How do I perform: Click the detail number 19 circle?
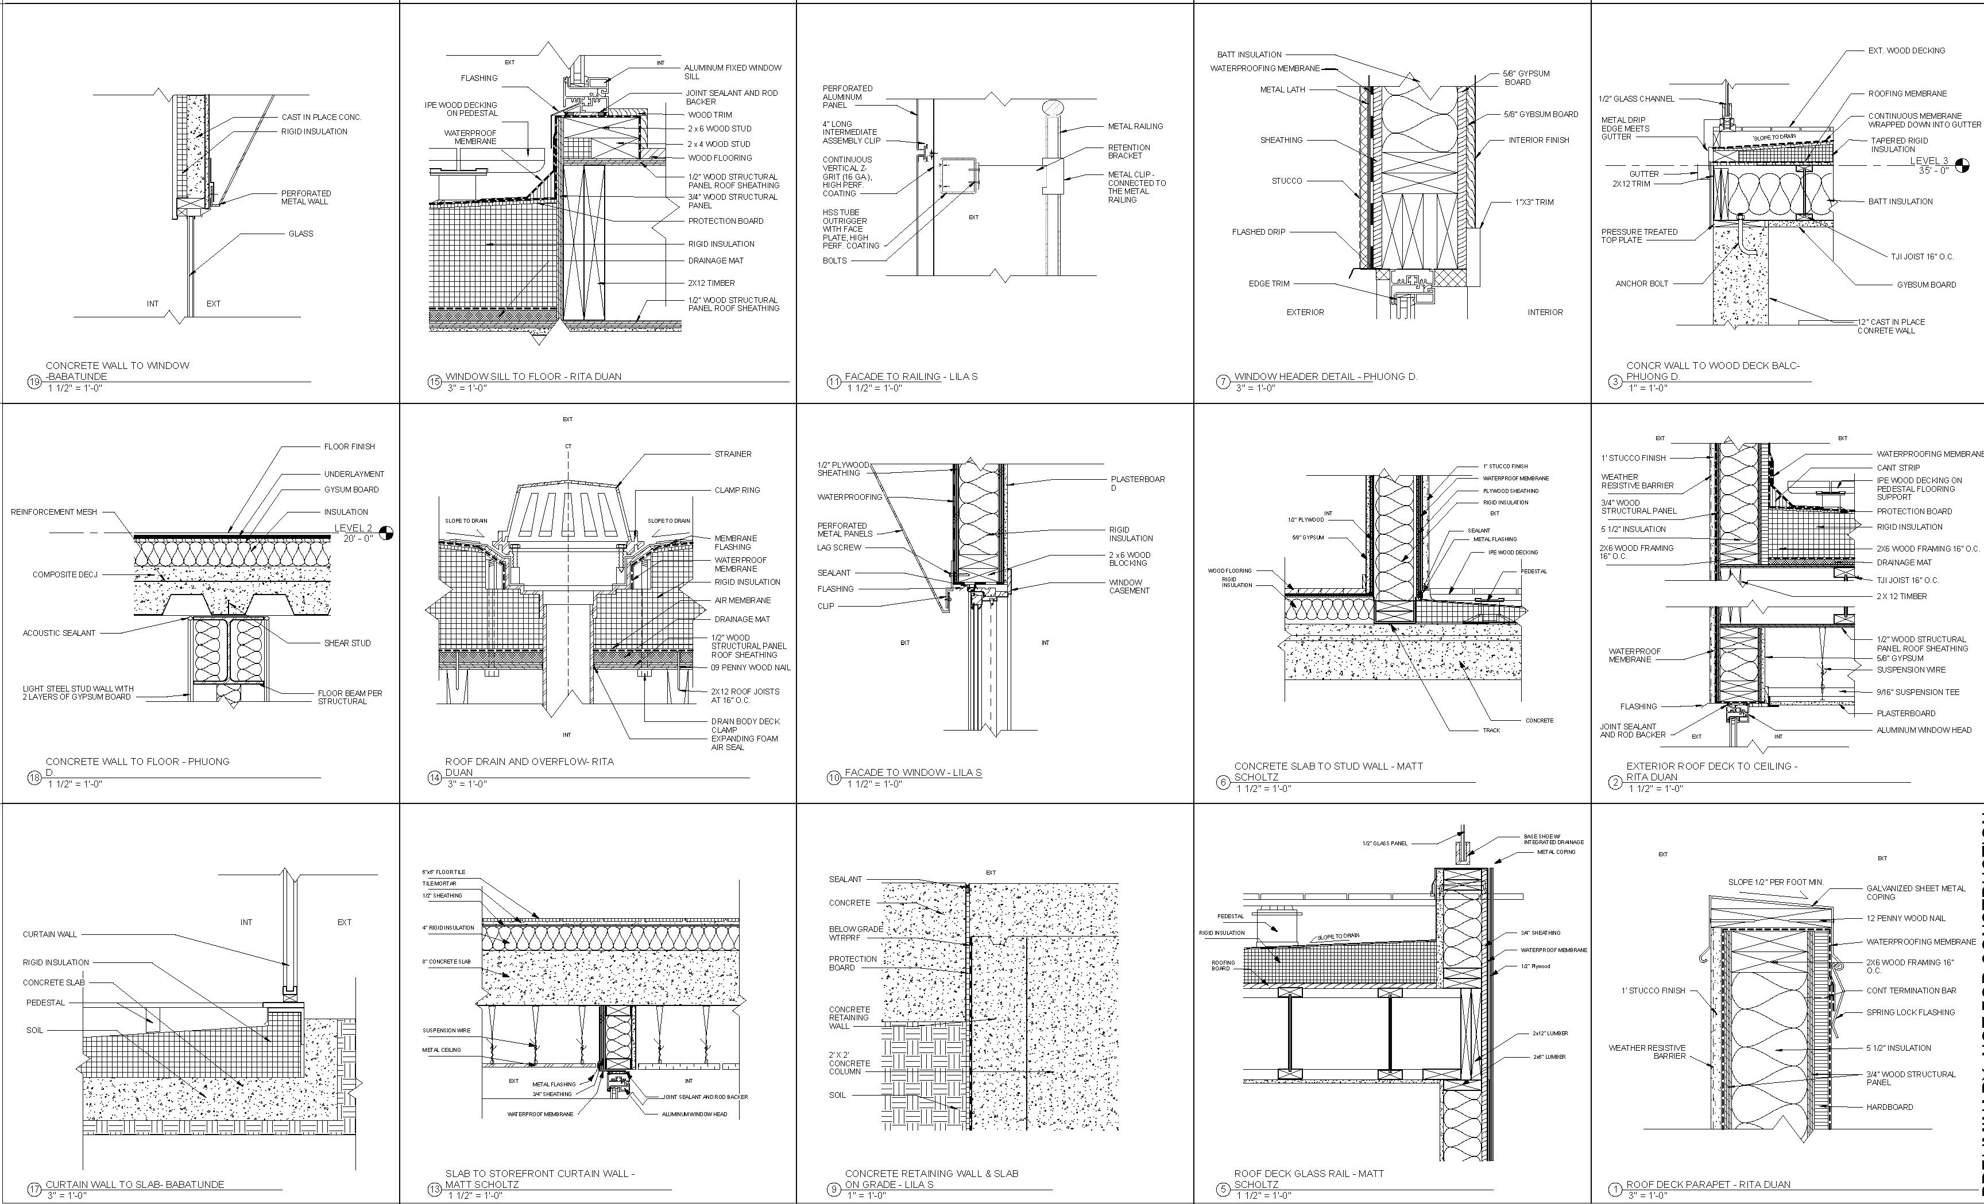[34, 382]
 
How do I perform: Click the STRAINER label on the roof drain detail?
[733, 454]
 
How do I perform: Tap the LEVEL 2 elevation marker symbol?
[386, 533]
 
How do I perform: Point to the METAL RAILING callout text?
[1135, 126]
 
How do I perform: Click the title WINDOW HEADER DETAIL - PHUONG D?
[1325, 376]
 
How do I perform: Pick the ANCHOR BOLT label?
[1642, 283]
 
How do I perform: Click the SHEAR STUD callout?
[347, 643]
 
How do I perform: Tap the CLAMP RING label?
[737, 490]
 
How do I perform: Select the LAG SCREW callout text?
[839, 547]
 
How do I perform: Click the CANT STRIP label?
[1898, 468]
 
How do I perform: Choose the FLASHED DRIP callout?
[1259, 232]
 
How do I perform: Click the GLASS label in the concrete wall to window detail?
[301, 234]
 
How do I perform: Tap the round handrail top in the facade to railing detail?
[1053, 108]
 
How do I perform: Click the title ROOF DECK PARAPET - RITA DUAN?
[1708, 1184]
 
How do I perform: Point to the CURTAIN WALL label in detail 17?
[50, 934]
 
